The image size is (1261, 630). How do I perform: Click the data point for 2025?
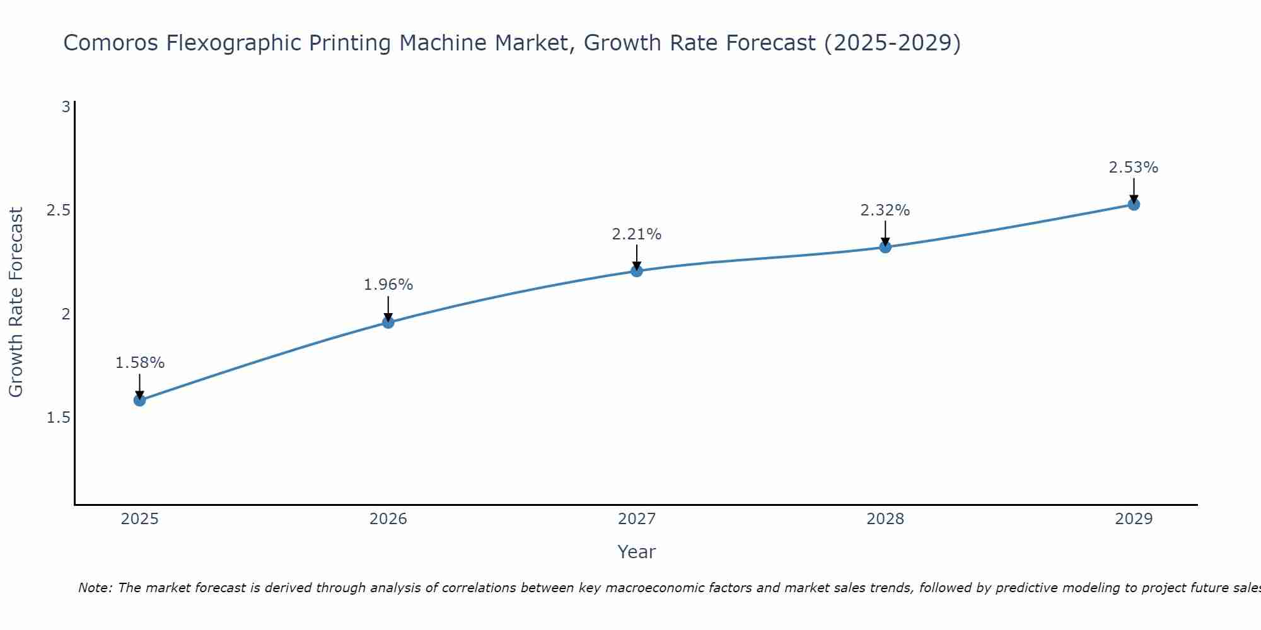tap(140, 400)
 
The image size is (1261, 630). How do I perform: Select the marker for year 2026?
tap(388, 323)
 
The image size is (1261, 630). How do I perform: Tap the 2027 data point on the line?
tap(637, 271)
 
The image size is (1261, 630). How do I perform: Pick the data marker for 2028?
tap(885, 247)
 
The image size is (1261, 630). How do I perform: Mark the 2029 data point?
tap(1134, 204)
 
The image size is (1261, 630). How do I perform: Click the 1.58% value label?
tap(140, 363)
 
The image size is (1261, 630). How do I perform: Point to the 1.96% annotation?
tap(388, 285)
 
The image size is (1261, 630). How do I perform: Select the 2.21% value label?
tap(637, 234)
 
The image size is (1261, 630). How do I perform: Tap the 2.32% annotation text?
tap(885, 210)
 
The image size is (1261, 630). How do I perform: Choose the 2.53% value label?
tap(1134, 168)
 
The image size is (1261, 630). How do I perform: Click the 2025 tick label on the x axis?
tap(140, 519)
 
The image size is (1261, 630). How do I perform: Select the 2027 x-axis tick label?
tap(637, 519)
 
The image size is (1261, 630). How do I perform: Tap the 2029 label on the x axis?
tap(1134, 519)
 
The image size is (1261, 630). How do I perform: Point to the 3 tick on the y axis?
tap(66, 107)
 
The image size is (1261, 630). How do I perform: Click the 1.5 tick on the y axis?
tap(59, 418)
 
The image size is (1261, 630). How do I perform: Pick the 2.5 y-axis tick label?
tap(59, 210)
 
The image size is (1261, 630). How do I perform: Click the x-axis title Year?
tap(637, 552)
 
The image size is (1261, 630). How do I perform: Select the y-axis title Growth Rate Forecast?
tap(16, 302)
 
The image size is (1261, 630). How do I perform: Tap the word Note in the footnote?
tap(95, 588)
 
